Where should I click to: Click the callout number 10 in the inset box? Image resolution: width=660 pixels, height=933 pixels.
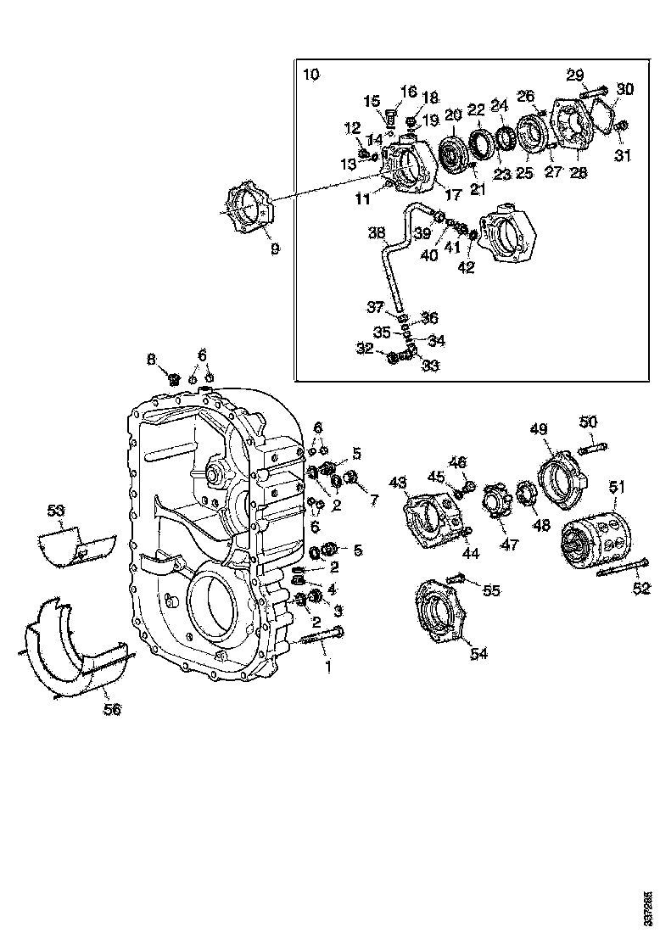click(x=311, y=75)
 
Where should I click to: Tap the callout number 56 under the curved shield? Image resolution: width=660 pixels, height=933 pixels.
click(x=112, y=709)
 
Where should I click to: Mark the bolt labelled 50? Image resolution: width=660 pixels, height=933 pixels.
click(x=592, y=444)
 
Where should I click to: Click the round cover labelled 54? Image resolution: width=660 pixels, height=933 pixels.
click(x=440, y=609)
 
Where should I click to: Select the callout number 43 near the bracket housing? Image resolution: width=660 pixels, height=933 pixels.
click(x=398, y=483)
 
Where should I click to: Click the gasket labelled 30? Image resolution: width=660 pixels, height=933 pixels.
click(x=603, y=114)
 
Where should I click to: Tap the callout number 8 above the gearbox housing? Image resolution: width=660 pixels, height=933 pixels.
click(x=151, y=360)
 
